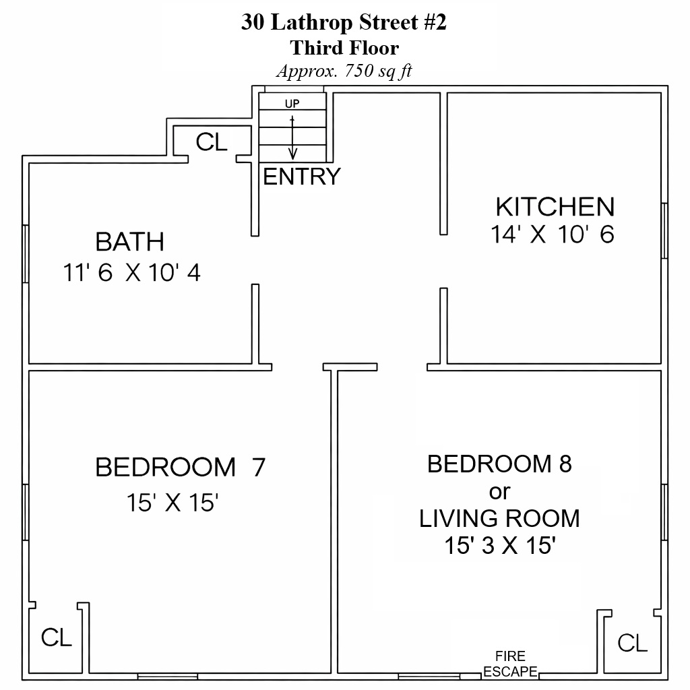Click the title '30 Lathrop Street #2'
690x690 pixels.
pyautogui.click(x=344, y=22)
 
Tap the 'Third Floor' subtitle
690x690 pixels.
pyautogui.click(x=344, y=48)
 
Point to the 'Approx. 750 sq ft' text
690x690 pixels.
pyautogui.click(x=344, y=71)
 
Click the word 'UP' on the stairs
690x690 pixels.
pyautogui.click(x=292, y=103)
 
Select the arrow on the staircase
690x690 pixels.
pyautogui.click(x=292, y=137)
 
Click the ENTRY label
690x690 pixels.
pyautogui.click(x=302, y=177)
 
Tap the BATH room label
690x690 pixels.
pyautogui.click(x=130, y=242)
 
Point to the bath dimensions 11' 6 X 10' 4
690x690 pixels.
pyautogui.click(x=132, y=272)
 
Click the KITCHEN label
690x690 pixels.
pyautogui.click(x=555, y=207)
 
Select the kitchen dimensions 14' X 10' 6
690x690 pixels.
pyautogui.click(x=553, y=234)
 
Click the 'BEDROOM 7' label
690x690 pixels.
pyautogui.click(x=181, y=467)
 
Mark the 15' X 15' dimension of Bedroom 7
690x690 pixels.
pyautogui.click(x=173, y=502)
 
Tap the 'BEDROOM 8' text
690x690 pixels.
pyautogui.click(x=499, y=464)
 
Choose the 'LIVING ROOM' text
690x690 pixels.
pyautogui.click(x=499, y=518)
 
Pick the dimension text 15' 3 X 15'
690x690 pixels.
pyautogui.click(x=500, y=545)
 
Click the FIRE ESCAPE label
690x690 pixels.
pyautogui.click(x=511, y=664)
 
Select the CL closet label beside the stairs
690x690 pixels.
pyautogui.click(x=212, y=142)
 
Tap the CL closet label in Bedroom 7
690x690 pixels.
pyautogui.click(x=57, y=637)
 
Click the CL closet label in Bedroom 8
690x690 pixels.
pyautogui.click(x=632, y=643)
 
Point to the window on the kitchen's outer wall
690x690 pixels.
pyautogui.click(x=664, y=230)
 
